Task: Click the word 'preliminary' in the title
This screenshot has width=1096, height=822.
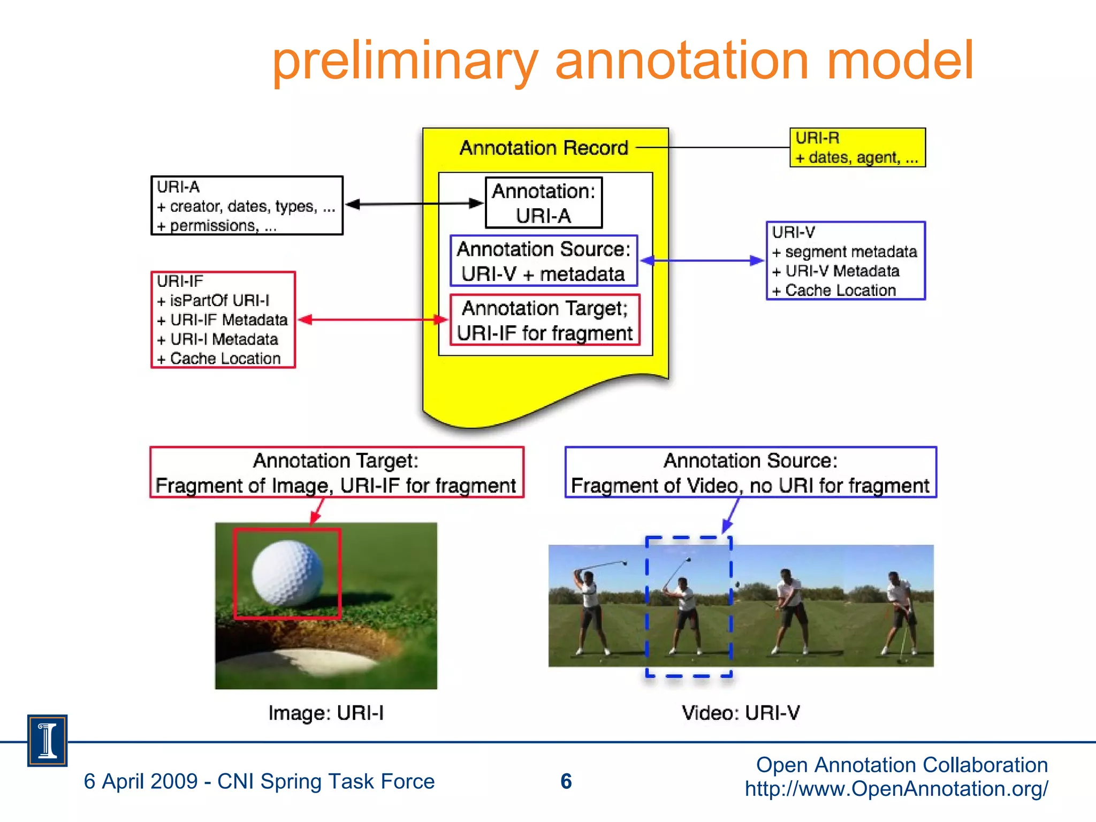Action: tap(405, 62)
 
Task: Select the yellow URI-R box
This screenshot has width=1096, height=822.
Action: tap(857, 148)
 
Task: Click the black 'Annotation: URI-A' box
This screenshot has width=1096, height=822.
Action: tap(543, 203)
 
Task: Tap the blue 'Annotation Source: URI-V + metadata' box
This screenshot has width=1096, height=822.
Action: tap(543, 261)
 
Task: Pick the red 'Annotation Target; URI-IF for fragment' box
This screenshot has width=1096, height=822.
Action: tap(545, 320)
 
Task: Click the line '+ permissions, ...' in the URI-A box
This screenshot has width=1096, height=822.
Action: tap(216, 226)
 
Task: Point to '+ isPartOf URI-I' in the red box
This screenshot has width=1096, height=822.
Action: tap(213, 300)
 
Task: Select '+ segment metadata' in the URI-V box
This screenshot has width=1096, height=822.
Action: tap(844, 252)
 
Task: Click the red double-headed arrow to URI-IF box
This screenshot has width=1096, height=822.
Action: tap(372, 320)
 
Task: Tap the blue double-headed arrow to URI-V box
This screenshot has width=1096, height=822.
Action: tap(702, 261)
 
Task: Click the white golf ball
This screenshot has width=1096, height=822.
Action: tap(287, 573)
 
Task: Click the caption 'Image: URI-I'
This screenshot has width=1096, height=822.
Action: tap(326, 713)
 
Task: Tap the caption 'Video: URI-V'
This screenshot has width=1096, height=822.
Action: tap(741, 713)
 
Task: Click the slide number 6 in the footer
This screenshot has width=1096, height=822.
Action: tap(566, 781)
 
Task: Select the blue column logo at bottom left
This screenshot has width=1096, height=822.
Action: tap(47, 741)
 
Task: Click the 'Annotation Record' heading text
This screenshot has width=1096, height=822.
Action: tap(544, 148)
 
